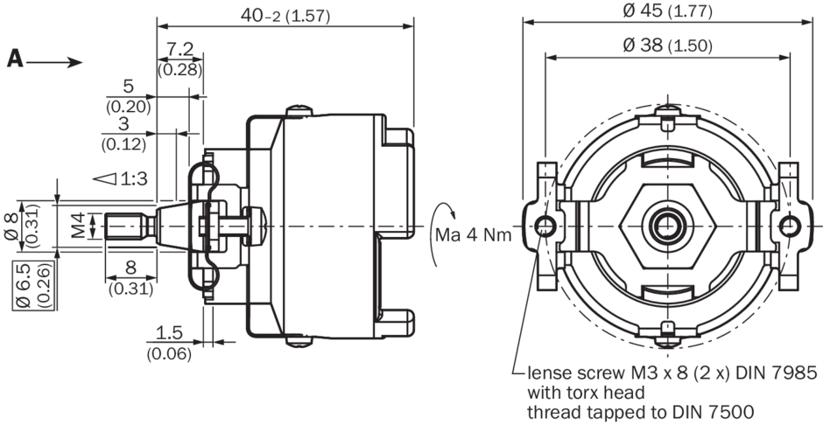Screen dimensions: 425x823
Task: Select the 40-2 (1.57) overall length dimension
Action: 285,15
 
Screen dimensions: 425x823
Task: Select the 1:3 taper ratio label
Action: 134,178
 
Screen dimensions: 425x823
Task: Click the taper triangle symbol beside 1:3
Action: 106,178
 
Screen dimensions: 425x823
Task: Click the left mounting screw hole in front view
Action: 545,226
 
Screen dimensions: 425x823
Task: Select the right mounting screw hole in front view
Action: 790,226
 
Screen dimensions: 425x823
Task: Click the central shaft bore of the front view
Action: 667,226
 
